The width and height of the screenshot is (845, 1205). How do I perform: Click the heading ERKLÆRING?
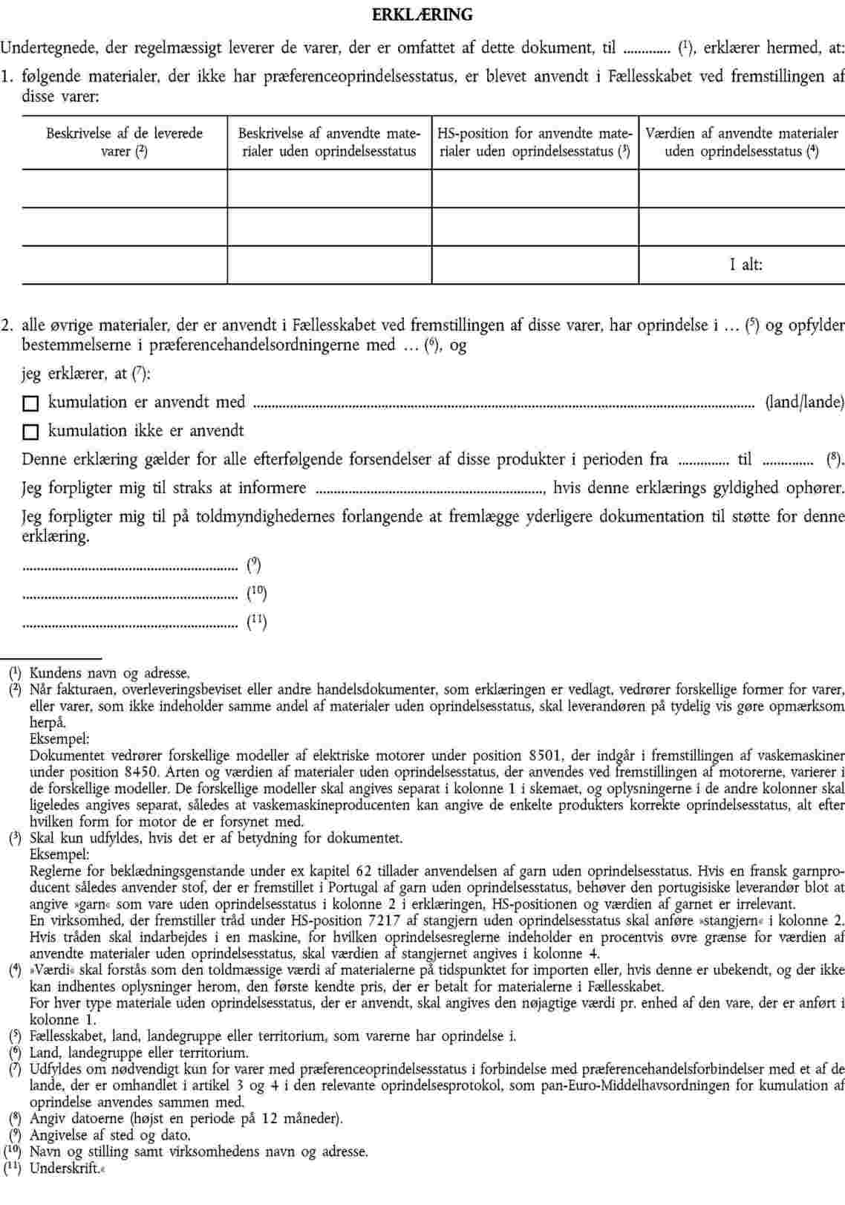(x=422, y=15)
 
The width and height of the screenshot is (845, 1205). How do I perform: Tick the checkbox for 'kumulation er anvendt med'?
(x=30, y=404)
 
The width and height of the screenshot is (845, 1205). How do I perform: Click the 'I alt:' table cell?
(x=746, y=264)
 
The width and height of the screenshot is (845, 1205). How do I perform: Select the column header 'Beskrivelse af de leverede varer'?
(x=125, y=143)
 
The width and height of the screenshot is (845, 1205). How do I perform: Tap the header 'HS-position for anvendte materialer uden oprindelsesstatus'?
(x=535, y=143)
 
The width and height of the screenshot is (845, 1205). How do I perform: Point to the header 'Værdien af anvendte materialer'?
(x=742, y=143)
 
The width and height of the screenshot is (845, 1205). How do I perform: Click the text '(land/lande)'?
(x=804, y=403)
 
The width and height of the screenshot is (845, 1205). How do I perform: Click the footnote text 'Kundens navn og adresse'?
(x=109, y=674)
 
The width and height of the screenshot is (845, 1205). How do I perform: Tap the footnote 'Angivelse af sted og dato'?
(x=110, y=1135)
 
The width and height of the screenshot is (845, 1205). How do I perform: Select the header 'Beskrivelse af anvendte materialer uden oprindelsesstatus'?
(x=327, y=143)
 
